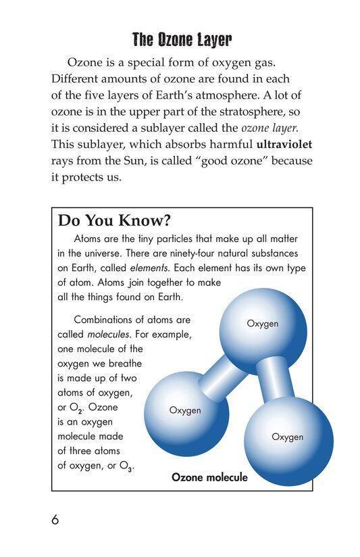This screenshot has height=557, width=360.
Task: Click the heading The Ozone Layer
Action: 181,41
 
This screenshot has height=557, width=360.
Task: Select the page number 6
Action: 55,520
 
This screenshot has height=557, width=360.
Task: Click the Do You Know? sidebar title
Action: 115,220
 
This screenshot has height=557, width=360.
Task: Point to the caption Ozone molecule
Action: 209,477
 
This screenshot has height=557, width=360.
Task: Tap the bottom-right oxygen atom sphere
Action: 288,437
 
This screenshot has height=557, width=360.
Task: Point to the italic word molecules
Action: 110,334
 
